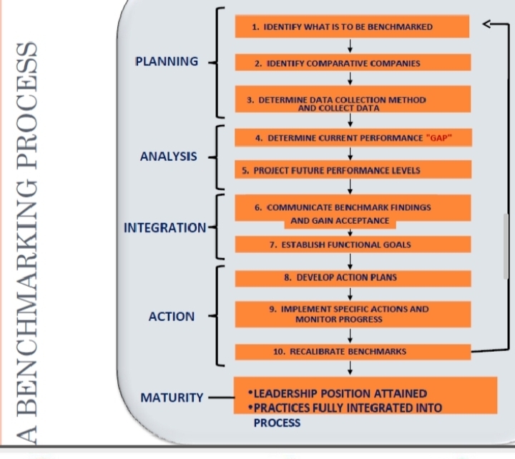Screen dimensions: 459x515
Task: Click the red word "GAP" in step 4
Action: (439, 137)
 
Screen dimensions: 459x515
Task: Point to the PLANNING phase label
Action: (167, 61)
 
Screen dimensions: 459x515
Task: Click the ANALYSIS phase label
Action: (169, 157)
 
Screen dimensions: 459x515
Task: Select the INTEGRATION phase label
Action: (165, 228)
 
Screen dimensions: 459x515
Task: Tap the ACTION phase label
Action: (172, 316)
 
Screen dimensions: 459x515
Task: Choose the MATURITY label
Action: (172, 397)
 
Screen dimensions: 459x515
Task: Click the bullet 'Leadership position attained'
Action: (336, 393)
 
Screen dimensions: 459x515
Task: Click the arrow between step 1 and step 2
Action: (350, 46)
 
